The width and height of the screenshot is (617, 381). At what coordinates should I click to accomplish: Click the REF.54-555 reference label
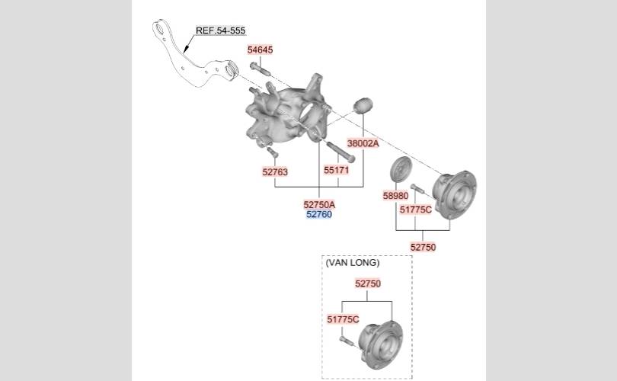pyautogui.click(x=220, y=30)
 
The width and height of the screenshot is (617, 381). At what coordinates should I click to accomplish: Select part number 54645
pyautogui.click(x=260, y=50)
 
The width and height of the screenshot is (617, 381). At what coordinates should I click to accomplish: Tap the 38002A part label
pyautogui.click(x=363, y=143)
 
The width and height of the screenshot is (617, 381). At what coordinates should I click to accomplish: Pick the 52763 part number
pyautogui.click(x=275, y=171)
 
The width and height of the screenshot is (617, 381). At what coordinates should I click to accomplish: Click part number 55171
pyautogui.click(x=337, y=170)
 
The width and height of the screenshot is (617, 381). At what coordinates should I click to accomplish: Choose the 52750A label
pyautogui.click(x=319, y=205)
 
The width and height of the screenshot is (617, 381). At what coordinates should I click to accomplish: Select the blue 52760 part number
pyautogui.click(x=319, y=215)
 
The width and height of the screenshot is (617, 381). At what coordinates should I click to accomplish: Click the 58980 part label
pyautogui.click(x=395, y=196)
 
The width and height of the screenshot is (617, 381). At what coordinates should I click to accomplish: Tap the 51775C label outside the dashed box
pyautogui.click(x=416, y=210)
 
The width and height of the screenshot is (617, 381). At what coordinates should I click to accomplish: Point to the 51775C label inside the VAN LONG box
pyautogui.click(x=343, y=319)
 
